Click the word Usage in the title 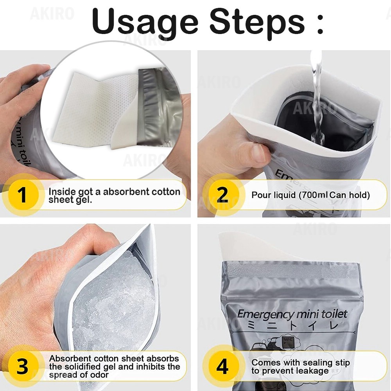pyautogui.click(x=145, y=22)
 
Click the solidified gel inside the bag pyautogui.click(x=117, y=297)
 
